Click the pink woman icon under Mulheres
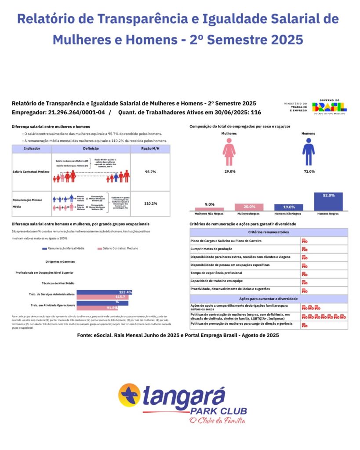point(229,152)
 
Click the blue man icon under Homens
point(308,152)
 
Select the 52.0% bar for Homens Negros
point(328,202)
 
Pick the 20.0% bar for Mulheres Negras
point(249,207)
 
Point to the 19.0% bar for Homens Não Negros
point(288,207)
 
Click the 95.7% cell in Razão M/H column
point(150,172)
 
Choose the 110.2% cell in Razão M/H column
point(150,203)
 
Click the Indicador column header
point(32,149)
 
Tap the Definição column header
point(91,149)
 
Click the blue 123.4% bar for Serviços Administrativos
point(104,292)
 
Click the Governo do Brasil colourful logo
point(329,106)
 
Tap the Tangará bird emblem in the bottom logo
point(130,395)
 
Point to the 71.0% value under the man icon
point(308,171)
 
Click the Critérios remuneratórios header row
point(268,232)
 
